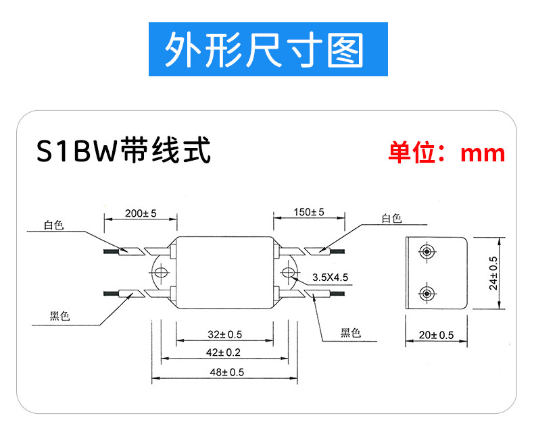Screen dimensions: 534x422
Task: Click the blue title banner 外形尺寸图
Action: point(268,49)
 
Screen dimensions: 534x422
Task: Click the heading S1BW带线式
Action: point(123,151)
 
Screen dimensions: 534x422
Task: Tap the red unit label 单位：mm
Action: point(447,153)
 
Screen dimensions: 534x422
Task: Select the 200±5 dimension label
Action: point(141,213)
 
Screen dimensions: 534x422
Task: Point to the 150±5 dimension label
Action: point(309,212)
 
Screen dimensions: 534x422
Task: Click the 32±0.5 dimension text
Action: point(225,335)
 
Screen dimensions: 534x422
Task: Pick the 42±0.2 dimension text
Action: point(223,352)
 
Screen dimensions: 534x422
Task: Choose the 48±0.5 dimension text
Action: point(227,372)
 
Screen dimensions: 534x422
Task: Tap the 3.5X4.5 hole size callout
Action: point(331,278)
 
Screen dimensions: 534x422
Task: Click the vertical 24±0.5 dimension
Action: point(493,273)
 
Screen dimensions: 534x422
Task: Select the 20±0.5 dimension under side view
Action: point(436,336)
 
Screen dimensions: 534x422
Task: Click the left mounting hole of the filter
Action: point(160,272)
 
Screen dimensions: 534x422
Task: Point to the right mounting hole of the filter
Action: point(288,272)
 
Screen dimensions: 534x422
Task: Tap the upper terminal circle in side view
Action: point(427,252)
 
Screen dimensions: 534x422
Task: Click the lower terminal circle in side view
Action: point(427,294)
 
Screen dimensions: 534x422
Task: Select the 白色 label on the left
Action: point(54,225)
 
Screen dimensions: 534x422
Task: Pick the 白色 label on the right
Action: point(391,218)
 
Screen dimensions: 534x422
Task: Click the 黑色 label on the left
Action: point(59,316)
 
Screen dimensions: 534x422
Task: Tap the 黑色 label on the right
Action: point(351,332)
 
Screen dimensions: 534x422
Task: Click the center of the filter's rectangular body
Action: point(225,273)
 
